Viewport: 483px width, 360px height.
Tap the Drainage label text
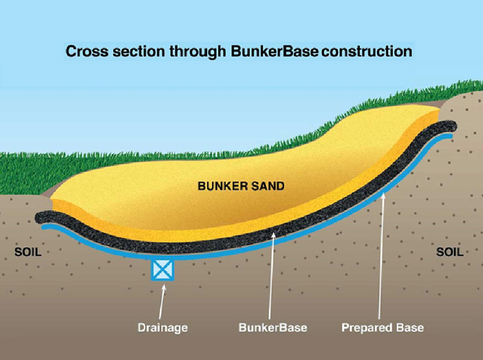[x=162, y=326]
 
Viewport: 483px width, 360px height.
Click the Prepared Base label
[x=383, y=326]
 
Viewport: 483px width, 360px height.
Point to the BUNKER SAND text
[x=241, y=186]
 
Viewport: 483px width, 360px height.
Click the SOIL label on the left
[x=27, y=253]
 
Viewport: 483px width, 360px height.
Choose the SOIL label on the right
[x=449, y=253]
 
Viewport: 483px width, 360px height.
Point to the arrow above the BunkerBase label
[x=271, y=275]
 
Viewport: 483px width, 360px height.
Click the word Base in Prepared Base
[x=412, y=326]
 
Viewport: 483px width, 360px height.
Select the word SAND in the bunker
[x=268, y=186]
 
